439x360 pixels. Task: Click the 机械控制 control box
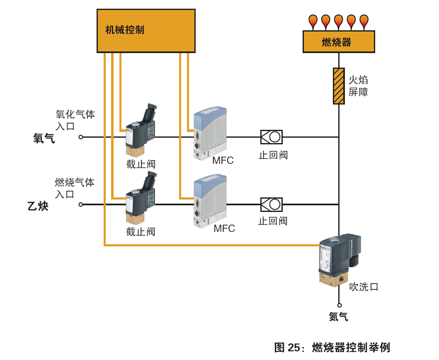coord(146,31)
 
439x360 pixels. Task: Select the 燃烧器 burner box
coord(338,42)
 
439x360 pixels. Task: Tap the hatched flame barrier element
coord(339,86)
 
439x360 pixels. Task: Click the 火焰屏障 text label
coord(358,86)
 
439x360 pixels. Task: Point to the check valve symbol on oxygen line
coord(271,136)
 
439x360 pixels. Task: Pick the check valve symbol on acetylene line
coord(271,204)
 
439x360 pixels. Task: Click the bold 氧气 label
coord(44,139)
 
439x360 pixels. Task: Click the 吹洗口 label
coord(364,287)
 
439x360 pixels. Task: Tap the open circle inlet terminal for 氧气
coord(81,137)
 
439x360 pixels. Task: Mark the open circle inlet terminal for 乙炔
coord(81,204)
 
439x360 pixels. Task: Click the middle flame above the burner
coord(339,20)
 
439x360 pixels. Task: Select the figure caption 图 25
coord(332,347)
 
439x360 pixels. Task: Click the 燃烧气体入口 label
coord(75,188)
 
